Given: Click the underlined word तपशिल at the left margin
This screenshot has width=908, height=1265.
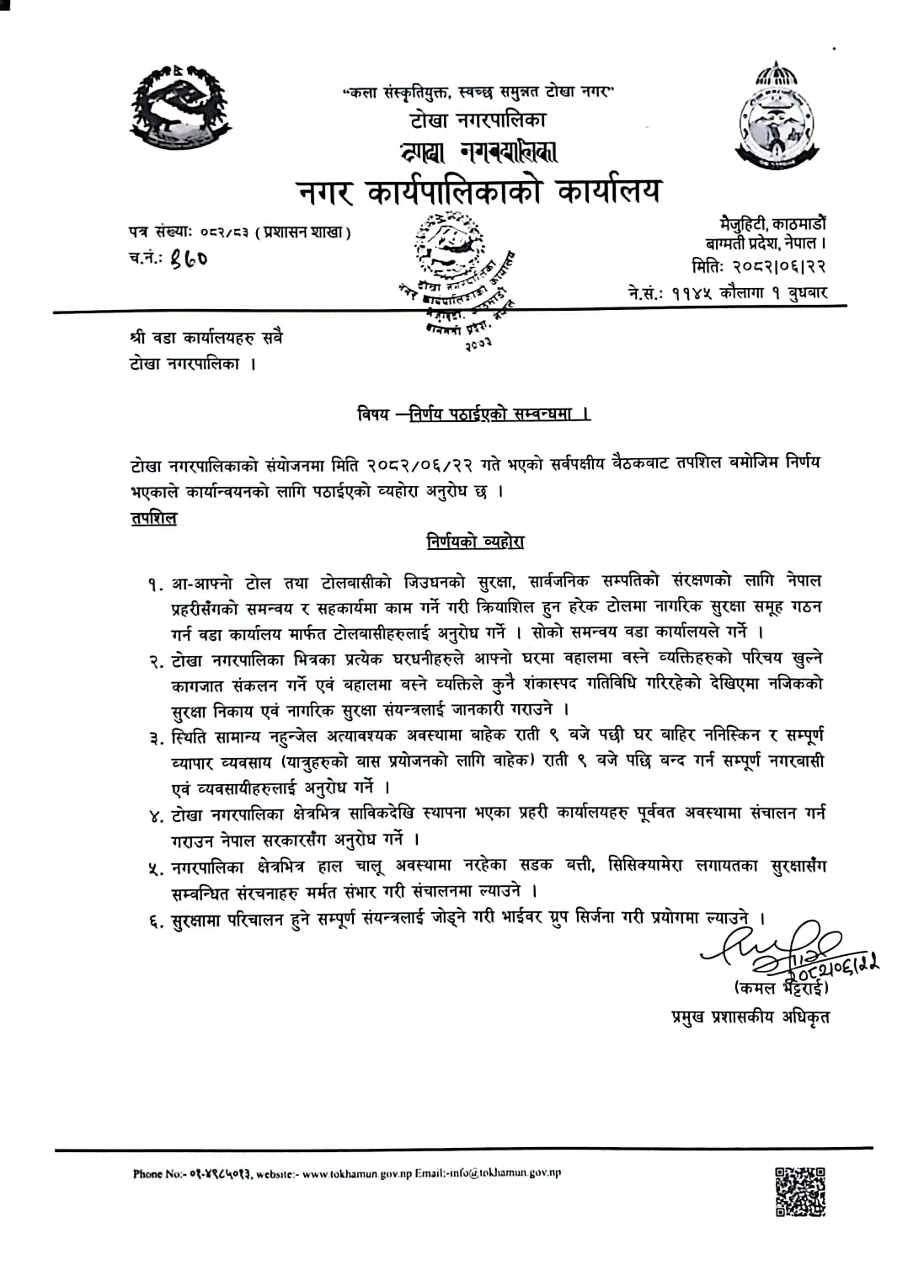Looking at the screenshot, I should [x=153, y=518].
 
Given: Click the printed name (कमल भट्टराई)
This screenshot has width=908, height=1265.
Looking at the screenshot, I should [x=781, y=987].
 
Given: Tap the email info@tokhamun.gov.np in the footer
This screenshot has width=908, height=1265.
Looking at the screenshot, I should [x=505, y=1173].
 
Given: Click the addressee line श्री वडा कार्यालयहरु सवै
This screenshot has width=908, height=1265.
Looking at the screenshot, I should [x=206, y=339].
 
